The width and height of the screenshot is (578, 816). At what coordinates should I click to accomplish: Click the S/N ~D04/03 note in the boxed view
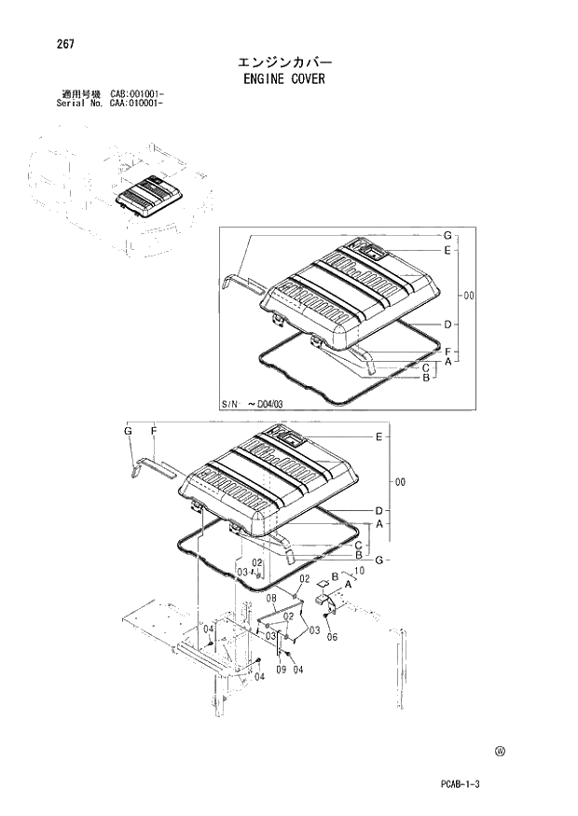tap(257, 403)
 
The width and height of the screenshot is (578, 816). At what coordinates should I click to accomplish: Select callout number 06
tap(332, 638)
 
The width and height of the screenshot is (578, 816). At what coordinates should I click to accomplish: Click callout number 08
tap(271, 598)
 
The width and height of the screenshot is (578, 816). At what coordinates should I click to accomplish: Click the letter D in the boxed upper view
tap(447, 325)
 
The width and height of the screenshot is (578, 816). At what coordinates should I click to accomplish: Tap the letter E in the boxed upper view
tap(447, 251)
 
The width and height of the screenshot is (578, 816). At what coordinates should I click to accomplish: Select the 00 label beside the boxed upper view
tap(469, 296)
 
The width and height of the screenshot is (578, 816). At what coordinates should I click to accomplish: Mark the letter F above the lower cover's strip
tap(153, 431)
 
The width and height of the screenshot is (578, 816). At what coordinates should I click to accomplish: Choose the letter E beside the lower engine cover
tap(378, 436)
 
